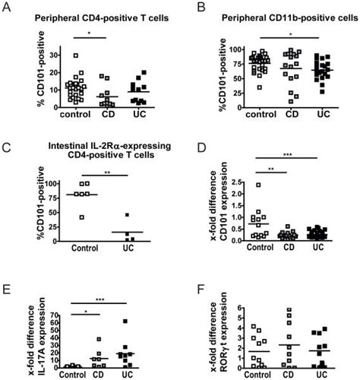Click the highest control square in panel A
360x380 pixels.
[x=74, y=55]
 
